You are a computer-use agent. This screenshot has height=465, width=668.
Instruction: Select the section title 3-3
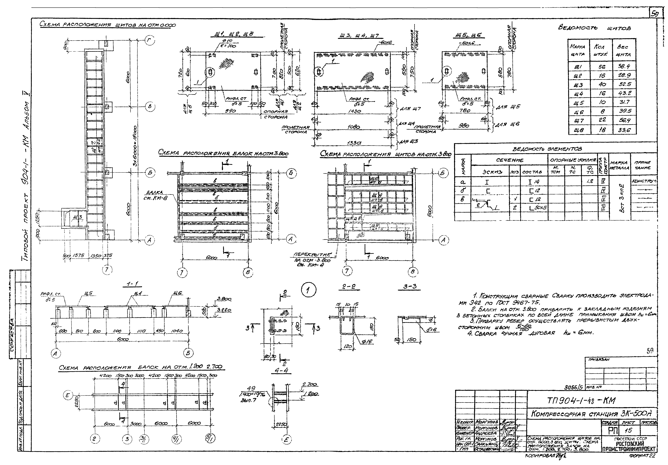tap(410, 286)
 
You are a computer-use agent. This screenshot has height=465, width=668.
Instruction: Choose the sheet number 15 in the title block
tap(626, 430)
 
